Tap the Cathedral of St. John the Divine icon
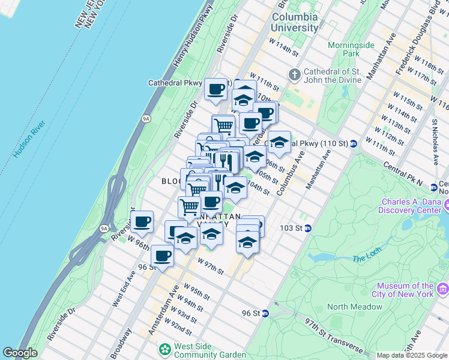coord(294,75)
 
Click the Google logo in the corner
coord(20,353)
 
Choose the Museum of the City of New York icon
coord(443,290)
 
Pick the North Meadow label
coord(354,307)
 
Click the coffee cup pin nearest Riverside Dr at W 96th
coord(142,222)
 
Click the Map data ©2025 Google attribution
coord(412,355)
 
